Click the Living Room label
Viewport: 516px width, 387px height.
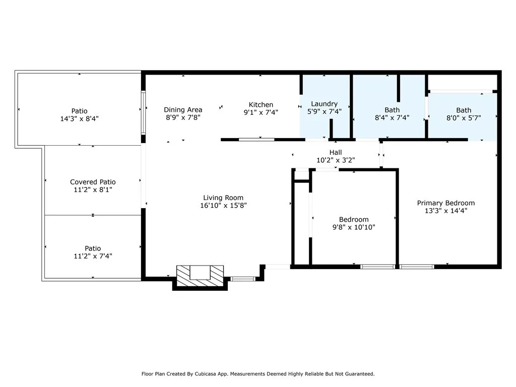click(223, 198)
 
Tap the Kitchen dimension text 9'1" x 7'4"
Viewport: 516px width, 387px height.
click(261, 112)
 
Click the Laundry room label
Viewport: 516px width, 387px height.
click(324, 104)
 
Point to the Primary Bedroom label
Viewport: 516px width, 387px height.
click(445, 203)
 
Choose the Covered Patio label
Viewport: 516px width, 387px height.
click(93, 182)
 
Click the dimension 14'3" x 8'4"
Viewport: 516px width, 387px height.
click(79, 119)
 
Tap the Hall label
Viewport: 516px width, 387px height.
click(335, 152)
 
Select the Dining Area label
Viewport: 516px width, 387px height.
click(183, 109)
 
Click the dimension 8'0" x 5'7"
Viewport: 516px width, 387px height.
click(464, 118)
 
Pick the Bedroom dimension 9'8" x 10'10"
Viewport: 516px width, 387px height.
click(353, 227)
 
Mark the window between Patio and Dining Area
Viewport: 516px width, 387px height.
click(143, 112)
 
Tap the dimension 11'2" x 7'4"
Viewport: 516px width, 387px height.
click(93, 256)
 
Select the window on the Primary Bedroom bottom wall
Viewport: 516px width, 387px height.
click(417, 266)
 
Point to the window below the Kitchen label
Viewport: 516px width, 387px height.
click(256, 139)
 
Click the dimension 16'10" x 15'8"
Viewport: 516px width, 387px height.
click(223, 206)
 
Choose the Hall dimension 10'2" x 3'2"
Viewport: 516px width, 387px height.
click(335, 160)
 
